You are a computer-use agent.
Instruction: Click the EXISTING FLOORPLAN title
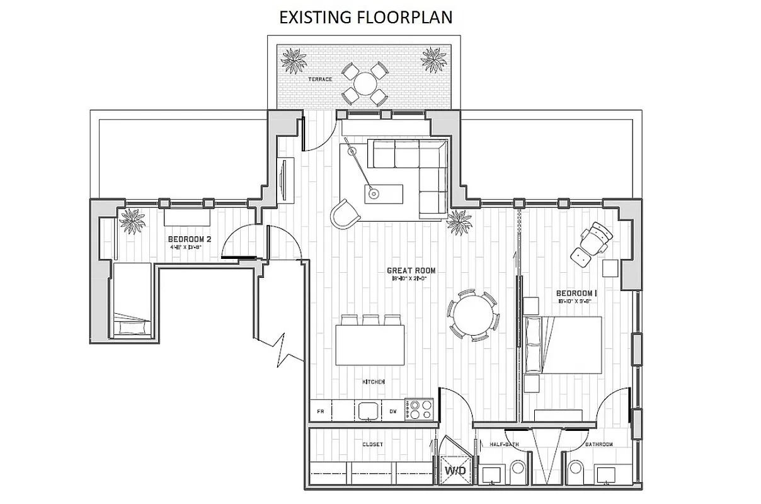366,17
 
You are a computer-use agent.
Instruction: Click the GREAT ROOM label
411,271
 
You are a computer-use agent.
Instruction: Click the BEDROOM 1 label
576,294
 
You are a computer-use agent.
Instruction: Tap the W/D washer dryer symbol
455,471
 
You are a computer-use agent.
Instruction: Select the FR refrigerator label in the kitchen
320,411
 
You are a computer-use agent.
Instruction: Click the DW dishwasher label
392,411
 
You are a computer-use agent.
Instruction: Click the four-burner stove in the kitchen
418,409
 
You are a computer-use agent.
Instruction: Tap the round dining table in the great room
472,313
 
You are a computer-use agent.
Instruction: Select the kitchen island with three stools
369,344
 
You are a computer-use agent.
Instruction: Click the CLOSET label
372,445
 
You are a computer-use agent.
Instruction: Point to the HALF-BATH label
504,445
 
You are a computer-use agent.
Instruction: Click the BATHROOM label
598,445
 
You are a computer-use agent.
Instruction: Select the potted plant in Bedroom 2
132,220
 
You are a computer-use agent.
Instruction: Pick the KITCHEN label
373,382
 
